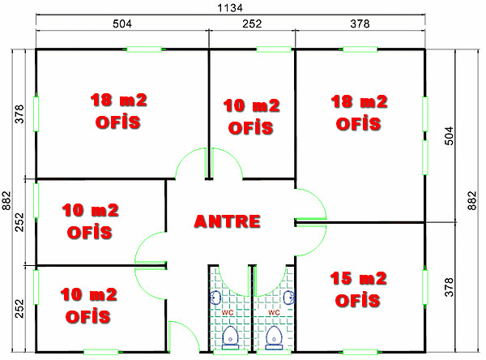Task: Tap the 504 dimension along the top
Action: tap(122, 24)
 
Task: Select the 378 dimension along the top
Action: tap(359, 24)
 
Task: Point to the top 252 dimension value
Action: tap(251, 24)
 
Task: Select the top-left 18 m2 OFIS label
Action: tap(118, 112)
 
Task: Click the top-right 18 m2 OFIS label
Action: tap(359, 112)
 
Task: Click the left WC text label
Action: tap(228, 311)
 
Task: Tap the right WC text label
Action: tap(274, 311)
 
